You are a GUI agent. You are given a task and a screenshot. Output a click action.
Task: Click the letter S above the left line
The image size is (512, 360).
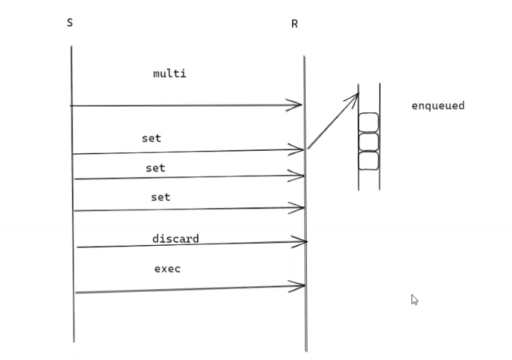pos(70,23)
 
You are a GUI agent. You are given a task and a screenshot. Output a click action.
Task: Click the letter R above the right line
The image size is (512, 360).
pos(295,25)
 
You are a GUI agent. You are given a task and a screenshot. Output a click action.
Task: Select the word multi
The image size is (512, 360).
pos(169,73)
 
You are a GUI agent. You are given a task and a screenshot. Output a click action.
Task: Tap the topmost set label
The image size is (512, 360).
pos(151,138)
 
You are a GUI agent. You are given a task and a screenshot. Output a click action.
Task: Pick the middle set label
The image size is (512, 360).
pos(156,167)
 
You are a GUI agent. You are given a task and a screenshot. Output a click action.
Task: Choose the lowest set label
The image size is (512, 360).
pos(160,198)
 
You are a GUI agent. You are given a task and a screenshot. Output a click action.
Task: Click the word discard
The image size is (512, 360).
pos(175,239)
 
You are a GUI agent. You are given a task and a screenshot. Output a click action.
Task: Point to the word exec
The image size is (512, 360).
pos(167,268)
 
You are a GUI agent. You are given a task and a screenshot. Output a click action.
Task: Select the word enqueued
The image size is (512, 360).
pos(438,106)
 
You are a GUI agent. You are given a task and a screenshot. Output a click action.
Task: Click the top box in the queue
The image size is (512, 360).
pos(369,123)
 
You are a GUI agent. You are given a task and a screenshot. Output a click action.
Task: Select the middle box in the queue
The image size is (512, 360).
pos(369,142)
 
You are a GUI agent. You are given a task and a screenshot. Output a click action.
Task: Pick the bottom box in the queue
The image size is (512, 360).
pos(369,161)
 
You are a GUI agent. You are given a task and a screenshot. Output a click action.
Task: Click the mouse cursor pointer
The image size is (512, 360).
pos(414,299)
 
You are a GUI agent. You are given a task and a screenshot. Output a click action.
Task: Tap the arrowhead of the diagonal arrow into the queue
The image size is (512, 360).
pos(356,96)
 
